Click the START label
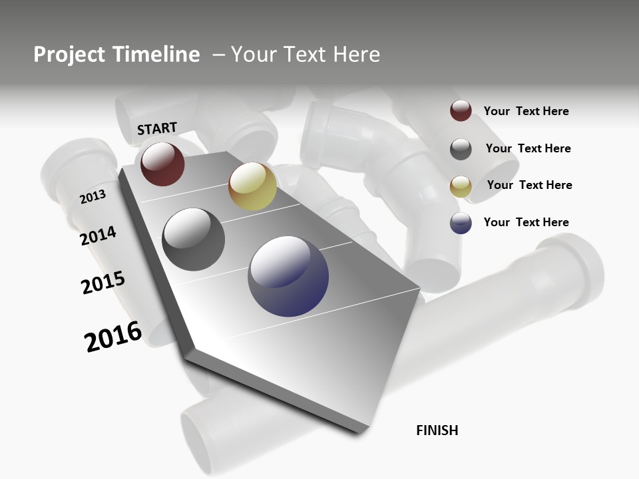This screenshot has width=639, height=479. pyautogui.click(x=157, y=128)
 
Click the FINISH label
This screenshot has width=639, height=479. pyautogui.click(x=437, y=430)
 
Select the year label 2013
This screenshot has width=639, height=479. pyautogui.click(x=93, y=197)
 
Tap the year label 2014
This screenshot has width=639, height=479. pyautogui.click(x=99, y=236)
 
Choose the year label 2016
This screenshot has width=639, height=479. pyautogui.click(x=113, y=336)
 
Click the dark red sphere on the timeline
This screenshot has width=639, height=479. pyautogui.click(x=162, y=164)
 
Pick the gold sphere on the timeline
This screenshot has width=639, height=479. pyautogui.click(x=252, y=186)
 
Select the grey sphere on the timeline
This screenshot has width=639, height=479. pyautogui.click(x=194, y=239)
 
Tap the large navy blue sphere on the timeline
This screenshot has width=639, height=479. pyautogui.click(x=288, y=276)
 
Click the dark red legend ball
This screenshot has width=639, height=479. pyautogui.click(x=461, y=111)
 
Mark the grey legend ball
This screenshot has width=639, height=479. pyautogui.click(x=461, y=148)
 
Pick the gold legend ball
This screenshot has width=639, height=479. pyautogui.click(x=461, y=186)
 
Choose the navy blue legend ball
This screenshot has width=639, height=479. pyautogui.click(x=461, y=223)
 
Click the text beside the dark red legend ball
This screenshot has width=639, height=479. pyautogui.click(x=526, y=111)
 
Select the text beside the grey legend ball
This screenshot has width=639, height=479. pyautogui.click(x=528, y=148)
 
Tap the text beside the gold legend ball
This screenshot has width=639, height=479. pyautogui.click(x=529, y=185)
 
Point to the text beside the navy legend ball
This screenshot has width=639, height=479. pyautogui.click(x=526, y=222)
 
